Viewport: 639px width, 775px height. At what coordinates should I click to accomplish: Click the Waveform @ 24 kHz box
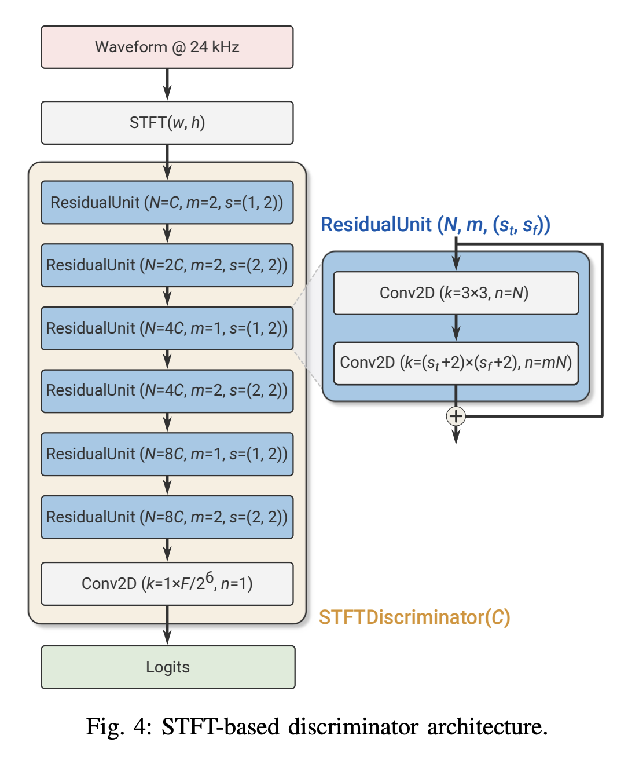167,47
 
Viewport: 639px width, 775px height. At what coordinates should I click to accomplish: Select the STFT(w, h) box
167,122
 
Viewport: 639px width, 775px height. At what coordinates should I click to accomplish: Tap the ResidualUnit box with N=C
167,202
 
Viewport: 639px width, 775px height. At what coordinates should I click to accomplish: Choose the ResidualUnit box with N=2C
167,265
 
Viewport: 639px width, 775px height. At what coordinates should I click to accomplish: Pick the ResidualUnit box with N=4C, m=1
167,328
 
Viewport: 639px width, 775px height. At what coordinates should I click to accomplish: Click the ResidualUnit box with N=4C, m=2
167,391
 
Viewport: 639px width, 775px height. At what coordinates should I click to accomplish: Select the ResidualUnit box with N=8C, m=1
167,454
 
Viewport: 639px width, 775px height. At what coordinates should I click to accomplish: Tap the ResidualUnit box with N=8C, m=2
167,517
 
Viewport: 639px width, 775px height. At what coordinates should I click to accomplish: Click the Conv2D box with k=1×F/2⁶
167,584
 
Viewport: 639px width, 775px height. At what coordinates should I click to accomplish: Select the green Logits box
168,667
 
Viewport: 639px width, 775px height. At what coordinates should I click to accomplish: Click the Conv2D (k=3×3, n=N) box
456,293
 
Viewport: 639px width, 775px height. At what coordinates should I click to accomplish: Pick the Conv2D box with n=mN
456,363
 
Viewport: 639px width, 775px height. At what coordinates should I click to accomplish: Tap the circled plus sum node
456,416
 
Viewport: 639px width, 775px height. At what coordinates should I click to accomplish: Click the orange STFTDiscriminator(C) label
414,617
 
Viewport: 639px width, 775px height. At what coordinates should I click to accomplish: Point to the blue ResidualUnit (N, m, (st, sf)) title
435,225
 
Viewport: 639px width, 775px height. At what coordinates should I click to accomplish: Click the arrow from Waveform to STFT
167,85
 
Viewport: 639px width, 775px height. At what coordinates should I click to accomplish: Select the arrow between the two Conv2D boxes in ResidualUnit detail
456,328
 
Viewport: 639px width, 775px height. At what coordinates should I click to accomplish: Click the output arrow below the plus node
456,435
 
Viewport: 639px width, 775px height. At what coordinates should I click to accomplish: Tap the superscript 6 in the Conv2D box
210,577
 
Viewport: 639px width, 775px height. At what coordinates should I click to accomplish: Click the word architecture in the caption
487,727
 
